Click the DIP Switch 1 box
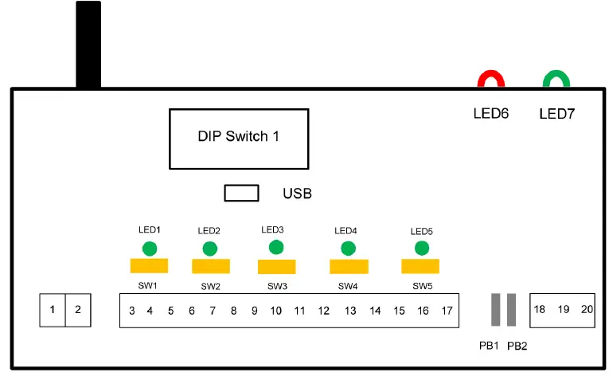pyautogui.click(x=238, y=139)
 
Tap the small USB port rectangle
pyautogui.click(x=241, y=193)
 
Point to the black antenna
pyautogui.click(x=88, y=44)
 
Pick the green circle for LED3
pyautogui.click(x=276, y=247)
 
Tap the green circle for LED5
pyautogui.click(x=421, y=248)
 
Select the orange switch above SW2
pyautogui.click(x=211, y=266)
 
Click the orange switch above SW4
pyautogui.click(x=349, y=266)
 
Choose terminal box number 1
pyautogui.click(x=53, y=310)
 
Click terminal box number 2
pyautogui.click(x=77, y=310)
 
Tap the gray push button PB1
pyautogui.click(x=496, y=310)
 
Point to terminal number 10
pyautogui.click(x=276, y=311)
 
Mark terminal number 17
pyautogui.click(x=447, y=311)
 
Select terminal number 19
pyautogui.click(x=564, y=309)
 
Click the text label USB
pyautogui.click(x=297, y=194)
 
